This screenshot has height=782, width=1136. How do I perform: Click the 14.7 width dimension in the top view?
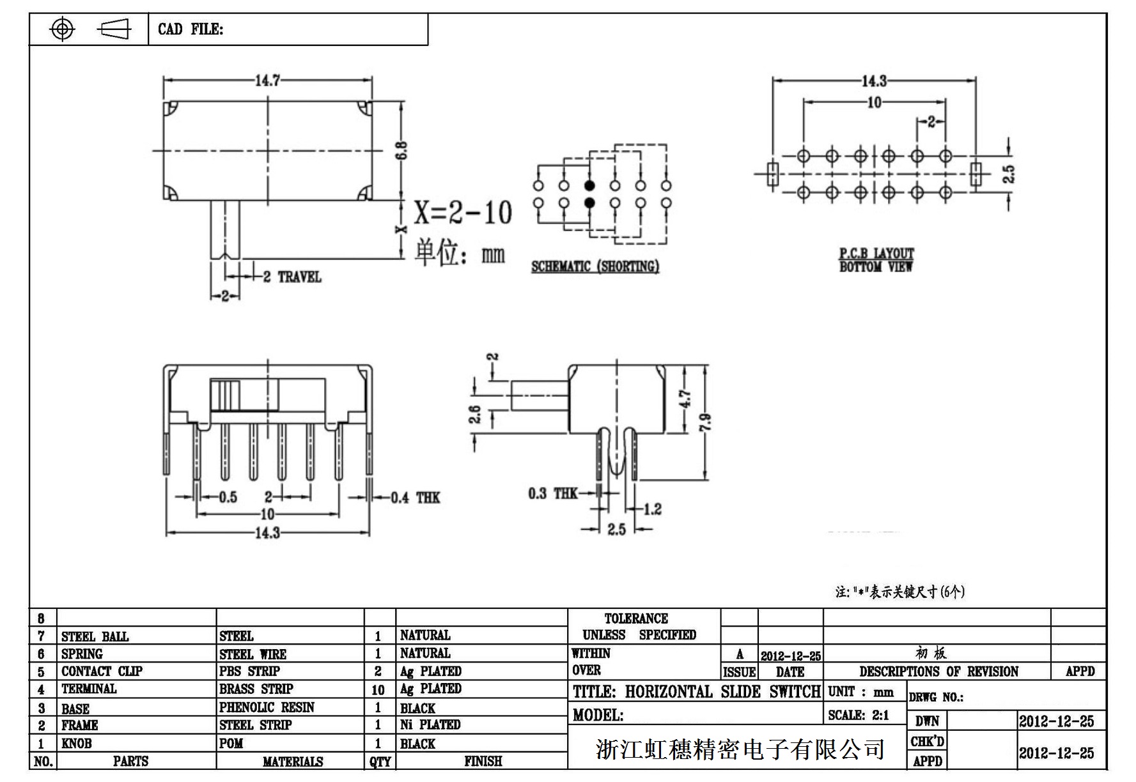pyautogui.click(x=267, y=80)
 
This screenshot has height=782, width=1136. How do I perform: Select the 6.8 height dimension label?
pyautogui.click(x=402, y=151)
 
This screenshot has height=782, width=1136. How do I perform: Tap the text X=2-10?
pyautogui.click(x=463, y=212)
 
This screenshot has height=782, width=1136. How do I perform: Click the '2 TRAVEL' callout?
pyautogui.click(x=292, y=277)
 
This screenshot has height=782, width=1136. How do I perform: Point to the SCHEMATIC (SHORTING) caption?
pyautogui.click(x=595, y=266)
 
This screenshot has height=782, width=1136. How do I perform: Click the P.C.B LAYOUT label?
pyautogui.click(x=876, y=253)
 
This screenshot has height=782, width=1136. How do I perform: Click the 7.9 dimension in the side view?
pyautogui.click(x=705, y=422)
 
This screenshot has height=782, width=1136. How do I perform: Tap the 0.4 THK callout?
pyautogui.click(x=415, y=498)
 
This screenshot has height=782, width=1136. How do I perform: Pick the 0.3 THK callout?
pyautogui.click(x=552, y=493)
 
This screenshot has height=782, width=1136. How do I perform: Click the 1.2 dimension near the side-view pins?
pyautogui.click(x=652, y=509)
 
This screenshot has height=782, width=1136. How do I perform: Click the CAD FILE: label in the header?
pyautogui.click(x=191, y=29)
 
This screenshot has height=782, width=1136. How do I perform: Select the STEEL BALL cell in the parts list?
pyautogui.click(x=95, y=636)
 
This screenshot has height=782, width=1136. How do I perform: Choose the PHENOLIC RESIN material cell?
pyautogui.click(x=267, y=707)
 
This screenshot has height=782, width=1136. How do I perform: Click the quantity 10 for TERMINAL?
pyautogui.click(x=378, y=690)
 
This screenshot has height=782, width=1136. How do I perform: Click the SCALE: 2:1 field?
pyautogui.click(x=858, y=716)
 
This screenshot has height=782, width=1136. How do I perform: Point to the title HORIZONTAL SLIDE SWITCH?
pyautogui.click(x=696, y=692)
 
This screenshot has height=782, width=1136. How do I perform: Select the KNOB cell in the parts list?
pyautogui.click(x=76, y=743)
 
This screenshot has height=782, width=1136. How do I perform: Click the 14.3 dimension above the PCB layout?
pyautogui.click(x=874, y=81)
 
